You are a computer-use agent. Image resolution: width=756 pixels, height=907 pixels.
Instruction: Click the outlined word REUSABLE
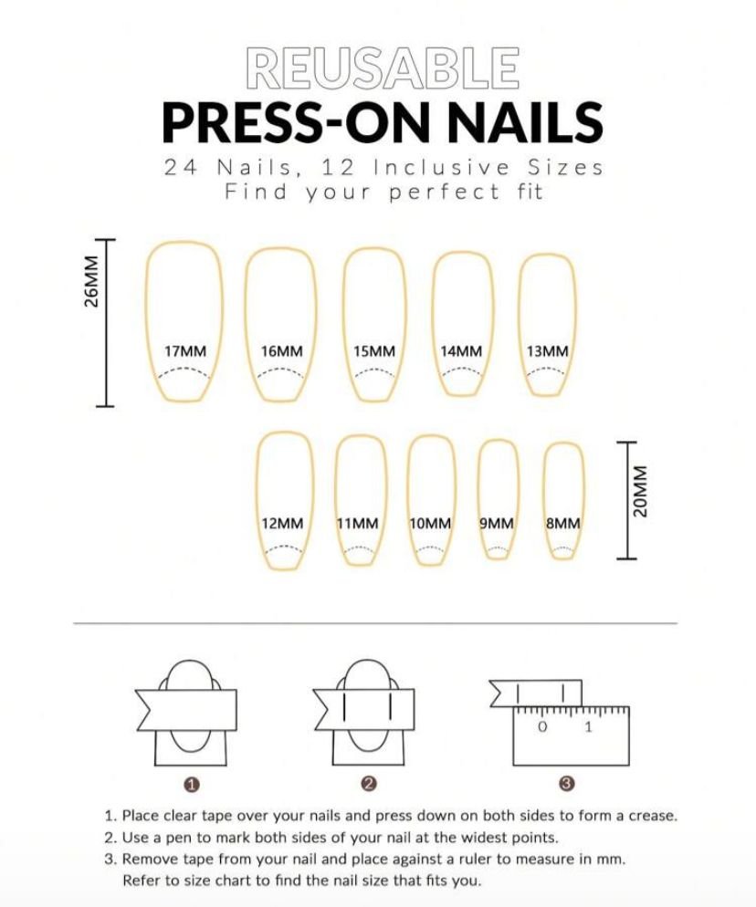382,68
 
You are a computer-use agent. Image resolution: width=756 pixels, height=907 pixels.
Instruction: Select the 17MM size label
185,351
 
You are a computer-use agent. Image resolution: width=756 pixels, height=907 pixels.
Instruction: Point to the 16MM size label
282,351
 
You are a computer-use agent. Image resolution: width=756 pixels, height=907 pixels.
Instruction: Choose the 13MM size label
548,351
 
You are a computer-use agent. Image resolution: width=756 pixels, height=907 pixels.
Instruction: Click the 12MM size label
282,524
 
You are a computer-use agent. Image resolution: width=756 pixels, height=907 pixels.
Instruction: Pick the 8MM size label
563,524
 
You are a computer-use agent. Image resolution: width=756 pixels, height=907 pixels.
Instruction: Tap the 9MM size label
497,524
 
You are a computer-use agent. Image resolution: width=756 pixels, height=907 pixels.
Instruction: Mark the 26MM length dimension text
91,282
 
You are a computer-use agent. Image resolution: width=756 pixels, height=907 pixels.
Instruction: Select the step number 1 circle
192,785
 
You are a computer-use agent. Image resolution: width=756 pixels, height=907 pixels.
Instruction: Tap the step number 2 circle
369,784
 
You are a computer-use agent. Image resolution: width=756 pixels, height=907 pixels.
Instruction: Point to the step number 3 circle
567,784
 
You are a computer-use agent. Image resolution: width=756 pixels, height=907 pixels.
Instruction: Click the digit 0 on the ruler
542,727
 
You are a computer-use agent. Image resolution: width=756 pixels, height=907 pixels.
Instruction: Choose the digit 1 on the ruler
589,727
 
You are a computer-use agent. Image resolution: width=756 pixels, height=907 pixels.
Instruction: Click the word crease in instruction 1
653,816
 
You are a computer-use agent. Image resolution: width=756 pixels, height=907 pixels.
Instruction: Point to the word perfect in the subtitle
445,192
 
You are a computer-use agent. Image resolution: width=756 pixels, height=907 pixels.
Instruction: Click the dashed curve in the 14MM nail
461,369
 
